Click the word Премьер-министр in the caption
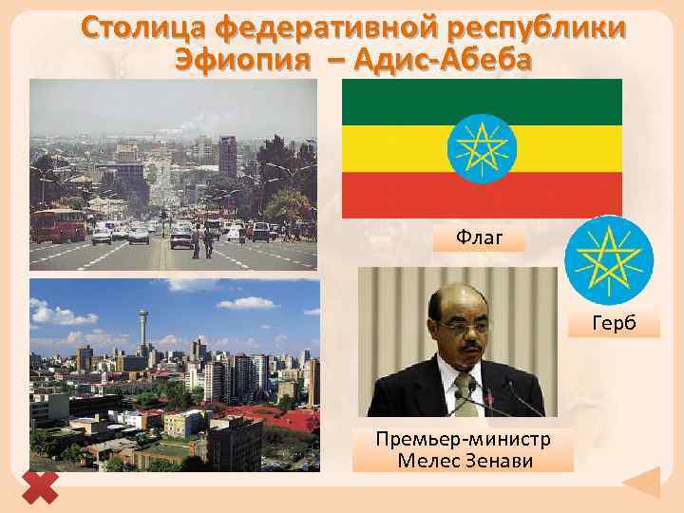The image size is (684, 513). (462, 439)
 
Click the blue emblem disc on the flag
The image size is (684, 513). (482, 147)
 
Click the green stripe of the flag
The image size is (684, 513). (399, 101)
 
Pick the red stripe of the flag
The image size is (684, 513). (399, 194)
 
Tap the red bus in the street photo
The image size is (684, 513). (58, 225)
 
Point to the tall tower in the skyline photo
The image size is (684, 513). (143, 328)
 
